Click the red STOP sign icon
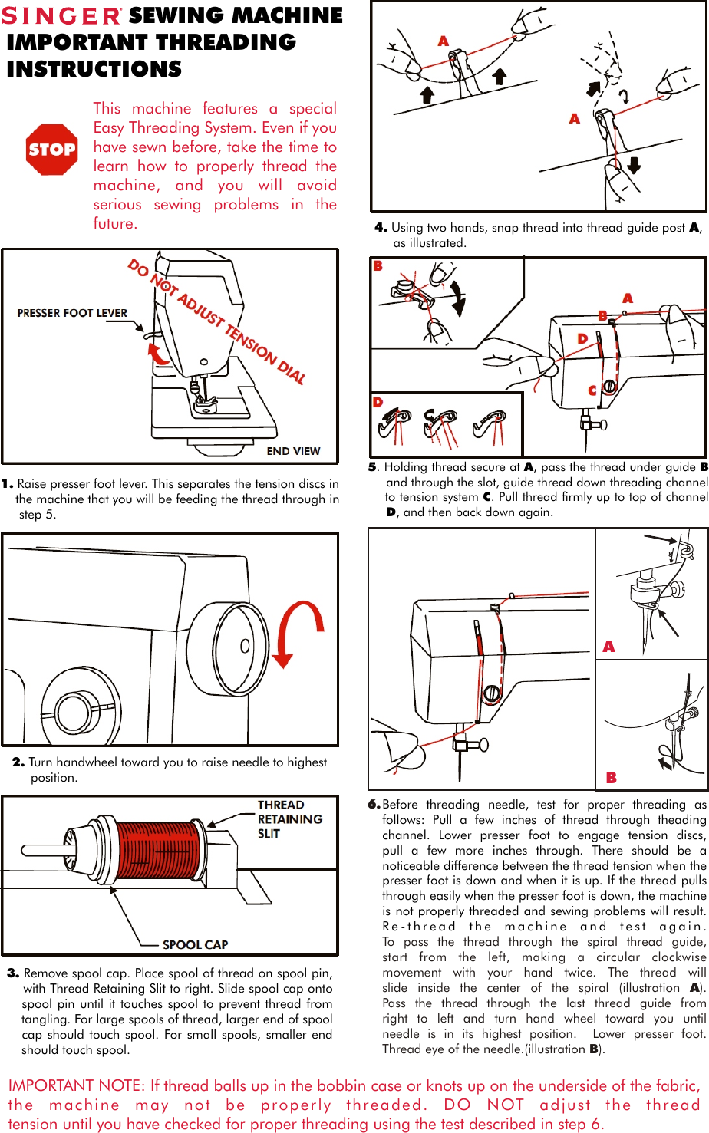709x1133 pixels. point(51,150)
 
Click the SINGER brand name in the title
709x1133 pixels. point(62,16)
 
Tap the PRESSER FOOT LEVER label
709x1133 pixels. point(72,313)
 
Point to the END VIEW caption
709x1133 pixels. point(293,451)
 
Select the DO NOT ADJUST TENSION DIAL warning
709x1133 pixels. point(216,322)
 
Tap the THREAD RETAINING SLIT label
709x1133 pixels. point(289,819)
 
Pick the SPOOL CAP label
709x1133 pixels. point(195,944)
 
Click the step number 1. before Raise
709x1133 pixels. point(8,484)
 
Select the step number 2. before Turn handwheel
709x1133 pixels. point(18,762)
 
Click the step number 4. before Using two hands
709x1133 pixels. point(381,228)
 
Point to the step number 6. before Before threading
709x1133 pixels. point(374,805)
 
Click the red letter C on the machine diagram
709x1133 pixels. point(592,390)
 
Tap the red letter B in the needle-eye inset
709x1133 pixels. point(612,777)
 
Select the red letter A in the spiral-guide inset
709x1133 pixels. point(608,647)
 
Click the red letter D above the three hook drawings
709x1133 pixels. point(378,402)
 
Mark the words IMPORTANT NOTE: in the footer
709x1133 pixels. point(76,1085)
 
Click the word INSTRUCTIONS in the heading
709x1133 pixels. point(94,69)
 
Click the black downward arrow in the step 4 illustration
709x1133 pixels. point(634,164)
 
